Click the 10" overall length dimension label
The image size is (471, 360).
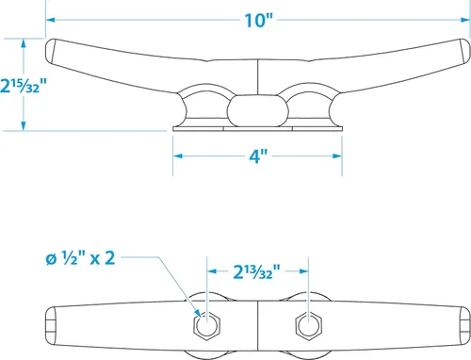[x=259, y=21]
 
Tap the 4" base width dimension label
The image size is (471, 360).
[x=258, y=155]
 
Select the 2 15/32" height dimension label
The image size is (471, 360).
[x=24, y=86]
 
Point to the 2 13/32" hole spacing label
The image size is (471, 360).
[x=256, y=271]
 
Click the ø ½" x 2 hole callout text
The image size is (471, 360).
[x=80, y=258]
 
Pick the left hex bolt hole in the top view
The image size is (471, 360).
[x=206, y=325]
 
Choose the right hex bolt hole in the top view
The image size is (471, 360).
[x=308, y=325]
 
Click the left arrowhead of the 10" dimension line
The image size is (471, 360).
[x=50, y=20]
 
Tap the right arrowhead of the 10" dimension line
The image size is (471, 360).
[x=465, y=20]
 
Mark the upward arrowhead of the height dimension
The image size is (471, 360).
[x=24, y=43]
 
